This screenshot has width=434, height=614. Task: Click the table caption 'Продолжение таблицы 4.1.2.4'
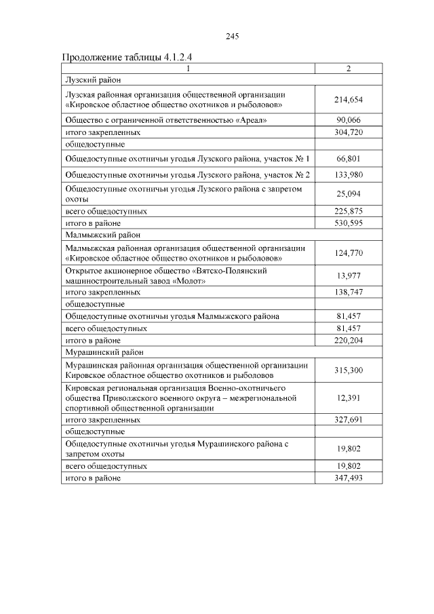[123, 56]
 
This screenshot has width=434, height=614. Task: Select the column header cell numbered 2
[349, 69]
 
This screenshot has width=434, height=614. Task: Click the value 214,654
[349, 100]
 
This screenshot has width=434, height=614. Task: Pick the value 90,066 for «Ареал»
[349, 120]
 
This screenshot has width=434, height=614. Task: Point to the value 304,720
[349, 132]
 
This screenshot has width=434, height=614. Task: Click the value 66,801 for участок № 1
[349, 159]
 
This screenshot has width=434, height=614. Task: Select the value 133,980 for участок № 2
[349, 175]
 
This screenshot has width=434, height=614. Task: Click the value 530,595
[349, 223]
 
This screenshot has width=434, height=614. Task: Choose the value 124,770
[349, 253]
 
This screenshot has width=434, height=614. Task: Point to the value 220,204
[349, 341]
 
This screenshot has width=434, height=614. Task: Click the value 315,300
[349, 370]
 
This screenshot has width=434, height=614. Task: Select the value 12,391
[349, 398]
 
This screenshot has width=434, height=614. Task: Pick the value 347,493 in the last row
[349, 478]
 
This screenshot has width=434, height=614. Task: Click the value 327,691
[349, 420]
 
